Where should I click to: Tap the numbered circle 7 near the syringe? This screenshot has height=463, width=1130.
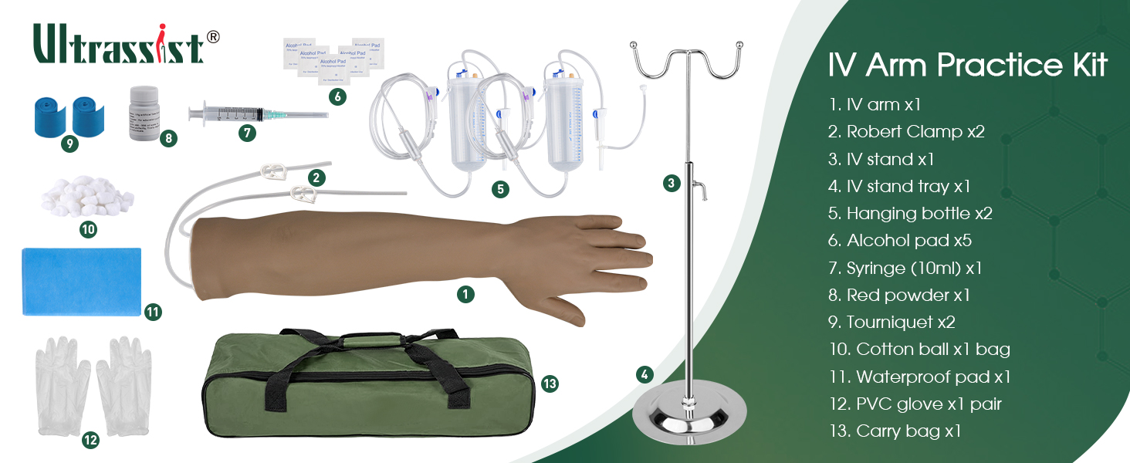(247, 133)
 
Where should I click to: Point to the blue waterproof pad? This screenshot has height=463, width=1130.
(82, 281)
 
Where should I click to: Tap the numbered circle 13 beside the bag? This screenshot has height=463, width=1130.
(550, 384)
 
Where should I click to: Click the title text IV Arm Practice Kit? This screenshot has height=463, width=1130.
(967, 66)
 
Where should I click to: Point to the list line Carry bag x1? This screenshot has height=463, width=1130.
(895, 431)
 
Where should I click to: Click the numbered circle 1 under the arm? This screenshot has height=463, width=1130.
(465, 293)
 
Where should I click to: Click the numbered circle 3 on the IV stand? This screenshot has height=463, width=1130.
(672, 183)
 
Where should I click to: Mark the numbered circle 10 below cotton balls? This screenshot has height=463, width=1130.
(88, 229)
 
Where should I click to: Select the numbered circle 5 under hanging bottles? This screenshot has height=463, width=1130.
(501, 189)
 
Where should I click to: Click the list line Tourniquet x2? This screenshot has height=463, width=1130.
(891, 322)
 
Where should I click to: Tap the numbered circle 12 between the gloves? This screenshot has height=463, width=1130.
(90, 441)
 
